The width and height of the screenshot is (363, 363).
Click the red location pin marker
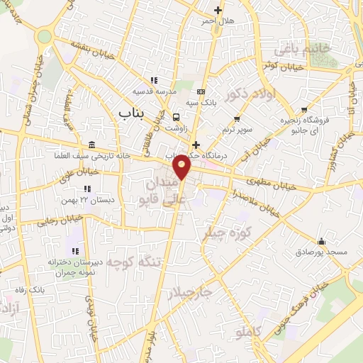[182, 166]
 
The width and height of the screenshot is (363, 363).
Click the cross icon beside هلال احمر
[218, 11]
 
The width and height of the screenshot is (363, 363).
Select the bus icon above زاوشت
[176, 117]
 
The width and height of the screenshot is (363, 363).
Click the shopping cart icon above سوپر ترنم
[237, 119]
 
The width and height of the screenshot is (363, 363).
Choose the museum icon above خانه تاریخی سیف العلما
[91, 144]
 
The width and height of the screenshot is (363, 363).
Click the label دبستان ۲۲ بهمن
[87, 200]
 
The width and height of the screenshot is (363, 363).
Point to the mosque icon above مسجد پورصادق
[321, 241]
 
